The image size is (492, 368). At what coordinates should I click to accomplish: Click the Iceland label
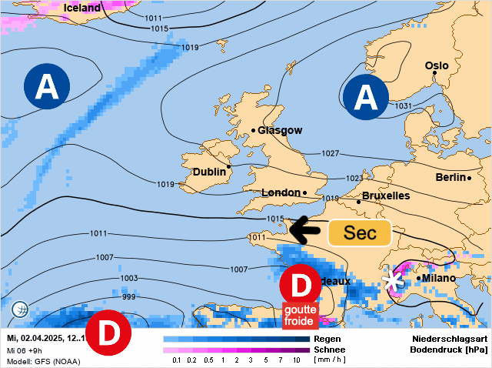(81, 8)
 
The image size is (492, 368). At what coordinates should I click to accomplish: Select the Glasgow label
(280, 130)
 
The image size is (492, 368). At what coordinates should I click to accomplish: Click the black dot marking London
(305, 192)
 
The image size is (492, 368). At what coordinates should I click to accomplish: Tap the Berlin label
(450, 177)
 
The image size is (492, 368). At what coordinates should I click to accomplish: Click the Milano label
(438, 278)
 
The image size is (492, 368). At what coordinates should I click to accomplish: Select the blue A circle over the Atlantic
(47, 86)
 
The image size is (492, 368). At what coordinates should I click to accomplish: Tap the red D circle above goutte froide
(301, 285)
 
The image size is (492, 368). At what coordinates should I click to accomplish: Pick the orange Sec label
(360, 233)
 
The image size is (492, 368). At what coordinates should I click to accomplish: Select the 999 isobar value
(129, 296)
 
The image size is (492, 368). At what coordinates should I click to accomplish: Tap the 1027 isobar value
(331, 154)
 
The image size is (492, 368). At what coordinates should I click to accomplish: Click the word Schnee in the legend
(330, 349)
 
